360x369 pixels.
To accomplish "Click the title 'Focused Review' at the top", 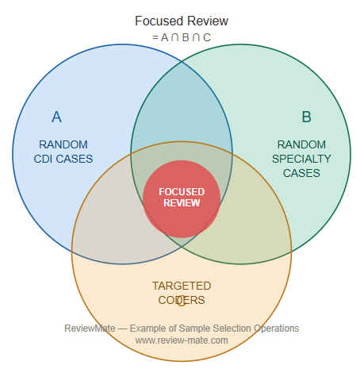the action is (182, 21).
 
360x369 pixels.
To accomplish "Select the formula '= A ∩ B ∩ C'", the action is (182, 37).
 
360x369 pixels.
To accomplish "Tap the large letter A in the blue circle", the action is (56, 117).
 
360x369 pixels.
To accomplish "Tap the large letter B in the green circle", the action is (306, 117).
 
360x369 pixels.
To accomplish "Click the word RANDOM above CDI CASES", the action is (63, 144).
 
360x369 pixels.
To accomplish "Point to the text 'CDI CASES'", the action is (63, 159).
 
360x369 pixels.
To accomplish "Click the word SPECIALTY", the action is (301, 159).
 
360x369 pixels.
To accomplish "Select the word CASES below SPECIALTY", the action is (301, 173).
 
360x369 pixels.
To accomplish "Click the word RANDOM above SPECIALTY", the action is (301, 144).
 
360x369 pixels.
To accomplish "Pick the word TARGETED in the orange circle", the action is (182, 286).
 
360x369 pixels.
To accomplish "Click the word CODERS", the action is (182, 300).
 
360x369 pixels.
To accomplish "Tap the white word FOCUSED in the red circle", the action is (182, 192).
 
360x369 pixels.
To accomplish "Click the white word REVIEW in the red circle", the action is (182, 203).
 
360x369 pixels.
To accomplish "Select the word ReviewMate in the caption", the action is (90, 329).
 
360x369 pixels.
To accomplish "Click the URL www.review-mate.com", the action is (182, 340).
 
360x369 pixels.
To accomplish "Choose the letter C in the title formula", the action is (207, 37).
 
